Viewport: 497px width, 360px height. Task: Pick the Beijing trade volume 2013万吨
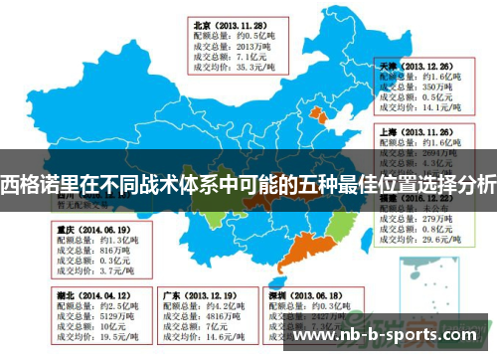point(248,46)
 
